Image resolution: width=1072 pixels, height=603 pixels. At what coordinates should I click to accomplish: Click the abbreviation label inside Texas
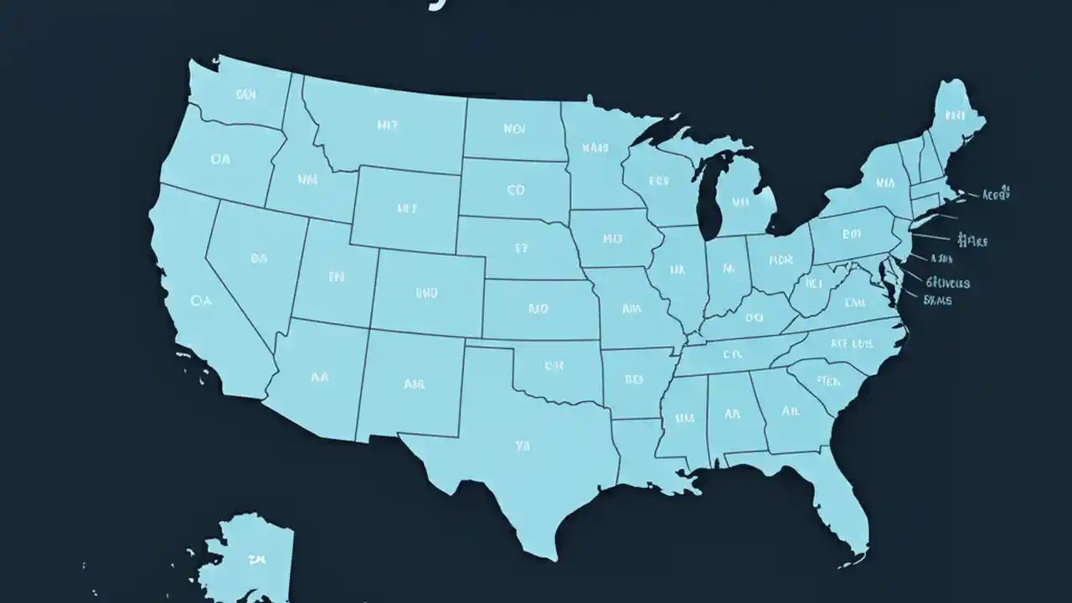point(523,446)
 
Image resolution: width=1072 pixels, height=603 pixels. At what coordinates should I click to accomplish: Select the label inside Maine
point(955,115)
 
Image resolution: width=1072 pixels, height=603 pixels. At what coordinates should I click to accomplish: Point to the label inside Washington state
point(245,95)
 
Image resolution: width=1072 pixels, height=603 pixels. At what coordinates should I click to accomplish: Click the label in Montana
point(388,126)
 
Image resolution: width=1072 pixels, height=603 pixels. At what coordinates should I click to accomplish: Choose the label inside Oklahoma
point(554,365)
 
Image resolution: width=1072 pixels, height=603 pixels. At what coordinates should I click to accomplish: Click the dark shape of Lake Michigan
point(710,197)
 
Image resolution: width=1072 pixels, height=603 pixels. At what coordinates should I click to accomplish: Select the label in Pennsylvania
point(852,234)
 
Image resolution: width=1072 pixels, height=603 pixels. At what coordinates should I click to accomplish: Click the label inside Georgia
point(790,411)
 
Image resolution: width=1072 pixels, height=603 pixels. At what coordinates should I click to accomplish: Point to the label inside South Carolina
point(828,381)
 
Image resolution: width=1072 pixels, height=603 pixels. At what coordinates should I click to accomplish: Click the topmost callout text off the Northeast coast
point(996,193)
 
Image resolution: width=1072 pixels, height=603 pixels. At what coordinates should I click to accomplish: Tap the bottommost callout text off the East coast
point(938,299)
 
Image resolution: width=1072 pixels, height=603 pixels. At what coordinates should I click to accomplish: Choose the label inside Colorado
point(426,293)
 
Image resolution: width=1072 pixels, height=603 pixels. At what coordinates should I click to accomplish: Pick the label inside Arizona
point(319,377)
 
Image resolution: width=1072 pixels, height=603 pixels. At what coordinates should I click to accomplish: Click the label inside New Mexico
point(414,384)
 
